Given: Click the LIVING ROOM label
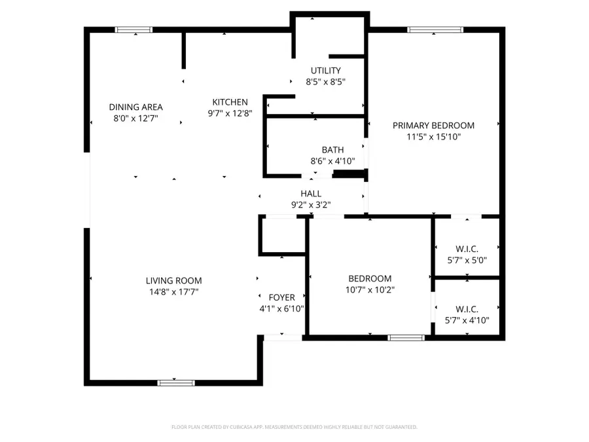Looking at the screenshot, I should tap(173, 280).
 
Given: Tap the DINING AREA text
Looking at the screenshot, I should tap(135, 107).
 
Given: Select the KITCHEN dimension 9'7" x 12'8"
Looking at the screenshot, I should tap(230, 113).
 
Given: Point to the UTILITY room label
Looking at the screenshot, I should tap(325, 71).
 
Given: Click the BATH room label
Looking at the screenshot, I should tap(332, 150).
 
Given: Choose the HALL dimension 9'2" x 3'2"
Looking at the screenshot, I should tap(311, 204).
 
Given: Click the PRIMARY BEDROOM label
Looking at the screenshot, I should tap(433, 125).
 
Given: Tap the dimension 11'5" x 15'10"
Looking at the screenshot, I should tap(433, 136).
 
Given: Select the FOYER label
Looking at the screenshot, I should tap(281, 297).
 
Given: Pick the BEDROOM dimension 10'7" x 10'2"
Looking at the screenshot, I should tap(370, 289).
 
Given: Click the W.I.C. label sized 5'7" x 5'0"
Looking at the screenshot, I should tap(467, 248).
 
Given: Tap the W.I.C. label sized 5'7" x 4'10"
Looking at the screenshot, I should tap(467, 309).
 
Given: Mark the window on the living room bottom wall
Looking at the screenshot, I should tap(176, 382).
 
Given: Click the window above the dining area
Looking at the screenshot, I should tap(134, 29).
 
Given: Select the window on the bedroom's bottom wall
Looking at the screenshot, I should tap(406, 338).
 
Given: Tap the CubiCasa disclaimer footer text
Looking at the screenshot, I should tap(294, 427).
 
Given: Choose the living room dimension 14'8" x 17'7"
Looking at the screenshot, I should tap(173, 292).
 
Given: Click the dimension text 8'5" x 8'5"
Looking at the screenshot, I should tap(325, 82).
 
